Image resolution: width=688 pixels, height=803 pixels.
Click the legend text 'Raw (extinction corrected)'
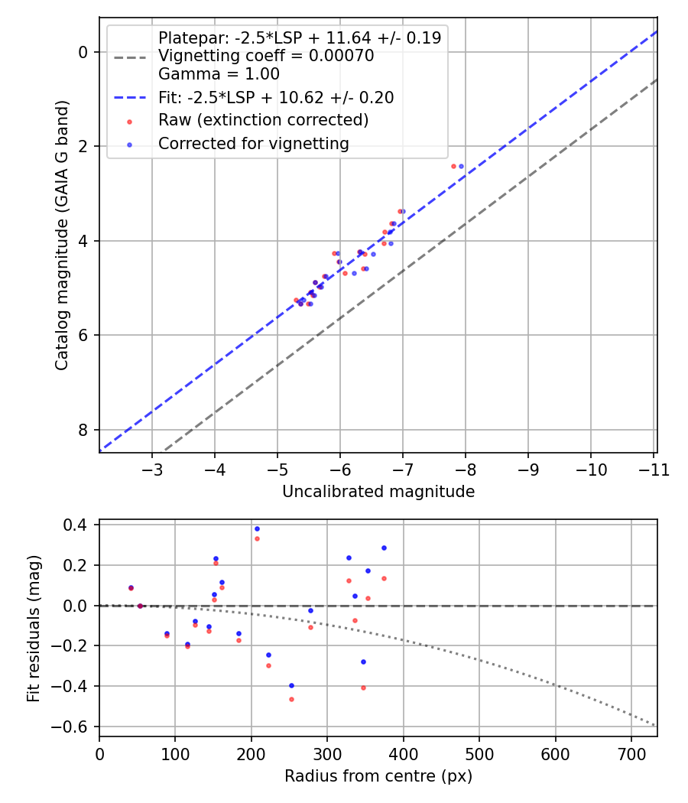(263, 120)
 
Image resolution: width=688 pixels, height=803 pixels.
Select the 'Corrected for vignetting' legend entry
(253, 143)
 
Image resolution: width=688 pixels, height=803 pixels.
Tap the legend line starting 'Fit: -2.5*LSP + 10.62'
(276, 97)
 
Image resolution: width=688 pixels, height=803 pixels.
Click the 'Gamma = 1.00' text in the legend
(219, 74)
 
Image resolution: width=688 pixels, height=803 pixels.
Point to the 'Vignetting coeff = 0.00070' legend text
(266, 56)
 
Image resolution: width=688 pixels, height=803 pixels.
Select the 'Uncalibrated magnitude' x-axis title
(378, 492)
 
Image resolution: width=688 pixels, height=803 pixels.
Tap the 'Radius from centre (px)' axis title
(378, 776)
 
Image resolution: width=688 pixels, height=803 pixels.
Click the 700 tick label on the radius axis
(631, 753)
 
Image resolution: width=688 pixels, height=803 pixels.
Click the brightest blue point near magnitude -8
(461, 166)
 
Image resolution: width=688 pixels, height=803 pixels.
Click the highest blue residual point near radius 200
(257, 528)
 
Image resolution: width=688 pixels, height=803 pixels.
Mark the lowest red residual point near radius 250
(291, 699)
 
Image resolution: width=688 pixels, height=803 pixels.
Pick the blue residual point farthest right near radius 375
(384, 548)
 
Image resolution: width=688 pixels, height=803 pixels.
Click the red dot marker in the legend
(129, 121)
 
